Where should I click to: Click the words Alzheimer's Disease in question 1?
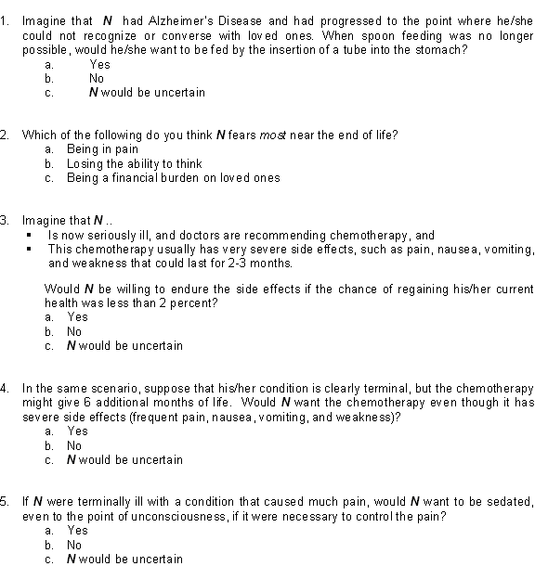point(202,19)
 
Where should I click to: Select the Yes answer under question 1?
point(99,65)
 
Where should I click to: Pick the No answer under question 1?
point(97,79)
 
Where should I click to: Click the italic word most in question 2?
point(299,135)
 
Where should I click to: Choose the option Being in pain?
point(102,149)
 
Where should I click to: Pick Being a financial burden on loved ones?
point(173,178)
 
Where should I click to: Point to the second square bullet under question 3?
point(30,250)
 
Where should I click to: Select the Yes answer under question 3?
point(78,317)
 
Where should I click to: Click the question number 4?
point(6,388)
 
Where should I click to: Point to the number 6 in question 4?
point(234,403)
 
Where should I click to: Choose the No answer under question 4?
point(74,445)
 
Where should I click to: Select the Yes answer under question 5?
point(78,531)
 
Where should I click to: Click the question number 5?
point(6,502)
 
